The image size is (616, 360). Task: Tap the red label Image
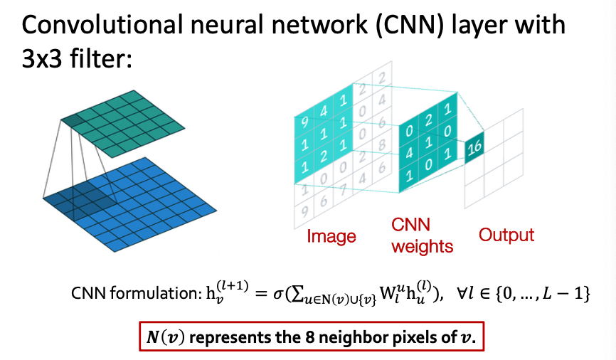tap(331, 235)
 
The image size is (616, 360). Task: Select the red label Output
tap(506, 234)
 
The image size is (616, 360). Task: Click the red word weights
tap(422, 246)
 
